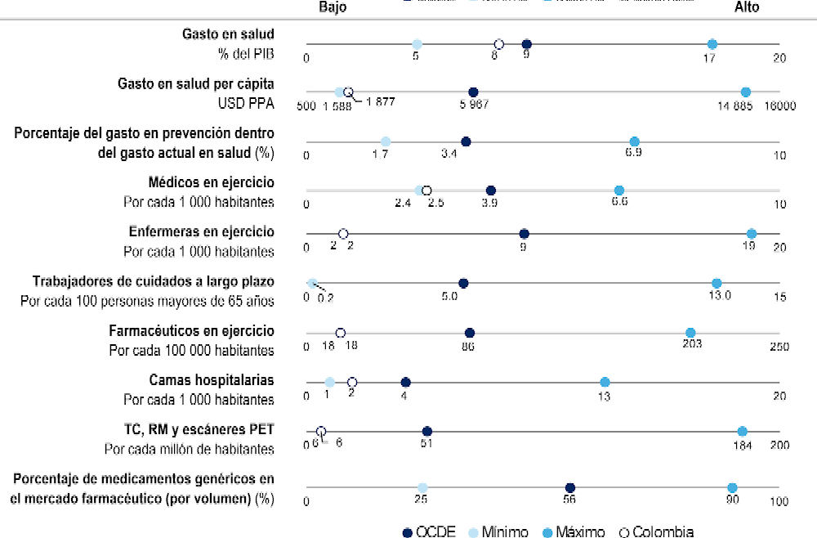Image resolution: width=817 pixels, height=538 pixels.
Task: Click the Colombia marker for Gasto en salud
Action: tap(498, 44)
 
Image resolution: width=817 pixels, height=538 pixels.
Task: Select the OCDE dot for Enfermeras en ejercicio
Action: tap(524, 234)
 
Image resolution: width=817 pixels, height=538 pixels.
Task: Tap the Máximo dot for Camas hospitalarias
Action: tap(605, 382)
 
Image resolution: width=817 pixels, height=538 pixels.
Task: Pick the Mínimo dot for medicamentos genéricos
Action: tap(422, 488)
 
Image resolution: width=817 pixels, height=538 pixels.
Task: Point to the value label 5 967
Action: tap(475, 105)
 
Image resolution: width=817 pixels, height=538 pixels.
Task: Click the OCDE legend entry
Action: tap(430, 531)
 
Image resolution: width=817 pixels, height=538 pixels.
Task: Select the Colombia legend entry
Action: tap(658, 531)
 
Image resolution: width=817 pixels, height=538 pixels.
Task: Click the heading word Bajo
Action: tap(333, 7)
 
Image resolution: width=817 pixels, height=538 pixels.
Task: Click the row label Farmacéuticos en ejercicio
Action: tap(191, 331)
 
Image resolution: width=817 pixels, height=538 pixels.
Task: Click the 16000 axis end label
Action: tap(780, 106)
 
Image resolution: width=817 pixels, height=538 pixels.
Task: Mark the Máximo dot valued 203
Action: tap(690, 333)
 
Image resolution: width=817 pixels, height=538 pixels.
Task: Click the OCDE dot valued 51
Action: tap(426, 431)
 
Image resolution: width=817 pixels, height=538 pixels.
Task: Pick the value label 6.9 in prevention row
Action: tap(633, 154)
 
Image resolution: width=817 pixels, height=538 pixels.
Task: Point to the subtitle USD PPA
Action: tap(245, 104)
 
